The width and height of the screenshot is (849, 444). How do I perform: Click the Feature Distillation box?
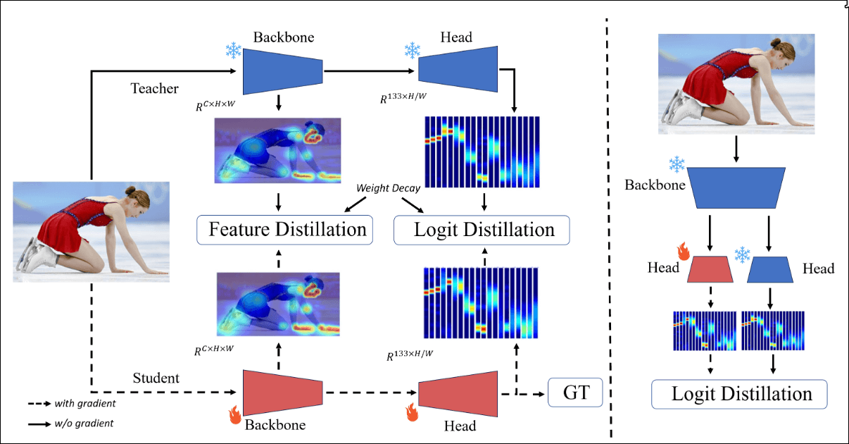284,229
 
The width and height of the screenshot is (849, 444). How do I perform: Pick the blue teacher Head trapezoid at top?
458,68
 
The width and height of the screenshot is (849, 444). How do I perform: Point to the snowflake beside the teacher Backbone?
232,51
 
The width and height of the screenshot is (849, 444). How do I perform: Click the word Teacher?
154,88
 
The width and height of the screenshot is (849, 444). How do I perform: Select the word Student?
156,378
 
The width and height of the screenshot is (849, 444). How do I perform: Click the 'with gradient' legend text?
84,404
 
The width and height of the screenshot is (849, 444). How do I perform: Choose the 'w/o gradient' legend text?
84,424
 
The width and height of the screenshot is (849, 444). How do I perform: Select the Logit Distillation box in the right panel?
738,394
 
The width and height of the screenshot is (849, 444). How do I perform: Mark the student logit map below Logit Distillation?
482,303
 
